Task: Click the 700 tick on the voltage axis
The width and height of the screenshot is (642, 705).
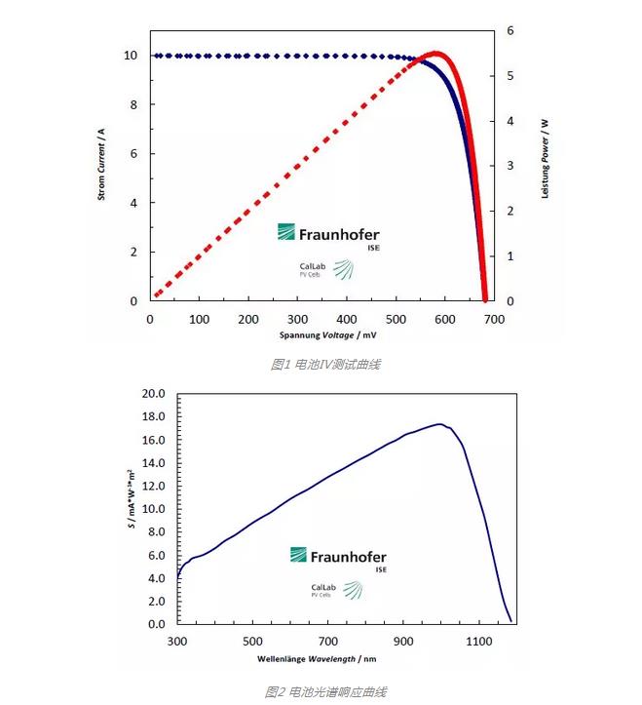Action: point(495,320)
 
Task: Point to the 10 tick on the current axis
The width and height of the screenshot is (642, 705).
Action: point(131,56)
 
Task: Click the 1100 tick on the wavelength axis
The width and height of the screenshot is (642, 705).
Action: point(479,642)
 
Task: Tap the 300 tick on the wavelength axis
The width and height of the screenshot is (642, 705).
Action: point(177,642)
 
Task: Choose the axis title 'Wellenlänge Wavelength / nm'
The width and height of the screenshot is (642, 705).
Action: point(332,659)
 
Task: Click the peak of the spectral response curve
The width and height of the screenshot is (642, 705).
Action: point(440,424)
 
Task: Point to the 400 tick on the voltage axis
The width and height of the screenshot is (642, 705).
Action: point(348,320)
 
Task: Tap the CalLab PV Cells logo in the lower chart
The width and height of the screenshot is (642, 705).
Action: point(337,590)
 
